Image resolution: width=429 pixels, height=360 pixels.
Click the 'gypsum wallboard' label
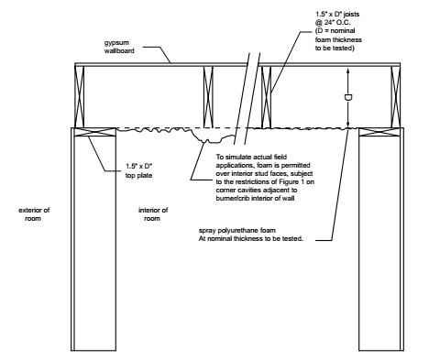(x=119, y=47)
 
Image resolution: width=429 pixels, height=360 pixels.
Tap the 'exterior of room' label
(x=34, y=214)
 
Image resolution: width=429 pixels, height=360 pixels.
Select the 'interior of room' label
(x=153, y=214)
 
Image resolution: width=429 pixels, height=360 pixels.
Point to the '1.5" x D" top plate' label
(x=139, y=171)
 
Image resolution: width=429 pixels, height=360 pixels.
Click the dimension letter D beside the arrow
(x=348, y=98)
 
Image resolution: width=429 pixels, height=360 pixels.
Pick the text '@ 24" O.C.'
(x=333, y=23)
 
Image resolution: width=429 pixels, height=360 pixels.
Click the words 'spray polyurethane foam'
(x=237, y=230)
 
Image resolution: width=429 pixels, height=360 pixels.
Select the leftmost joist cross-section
(x=80, y=97)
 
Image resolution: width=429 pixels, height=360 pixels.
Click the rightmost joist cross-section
(x=396, y=97)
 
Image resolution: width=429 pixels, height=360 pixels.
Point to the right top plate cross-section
(x=379, y=132)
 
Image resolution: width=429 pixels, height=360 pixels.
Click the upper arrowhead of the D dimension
(x=348, y=70)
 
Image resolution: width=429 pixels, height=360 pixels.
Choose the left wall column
(x=93, y=239)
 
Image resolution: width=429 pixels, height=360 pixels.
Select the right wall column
(x=381, y=239)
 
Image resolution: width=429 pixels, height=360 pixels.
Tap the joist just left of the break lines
(x=208, y=97)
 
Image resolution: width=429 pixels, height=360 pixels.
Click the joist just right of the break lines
(x=266, y=97)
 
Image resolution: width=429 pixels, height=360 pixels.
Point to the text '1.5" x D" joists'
(x=337, y=14)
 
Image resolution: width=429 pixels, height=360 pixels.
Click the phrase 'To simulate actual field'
(x=251, y=157)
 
